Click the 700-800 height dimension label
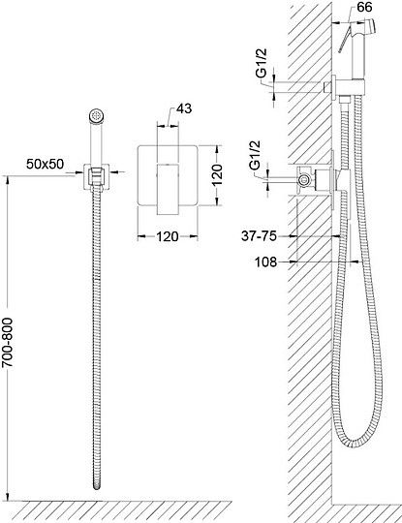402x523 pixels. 8,342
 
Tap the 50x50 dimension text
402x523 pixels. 45,164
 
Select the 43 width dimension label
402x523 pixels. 184,108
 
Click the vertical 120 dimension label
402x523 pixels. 217,174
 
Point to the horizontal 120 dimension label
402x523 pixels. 168,236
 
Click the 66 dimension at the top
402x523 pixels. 364,7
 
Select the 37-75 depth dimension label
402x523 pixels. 259,236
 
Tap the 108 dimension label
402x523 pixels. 265,262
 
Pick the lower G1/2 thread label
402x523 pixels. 256,155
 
